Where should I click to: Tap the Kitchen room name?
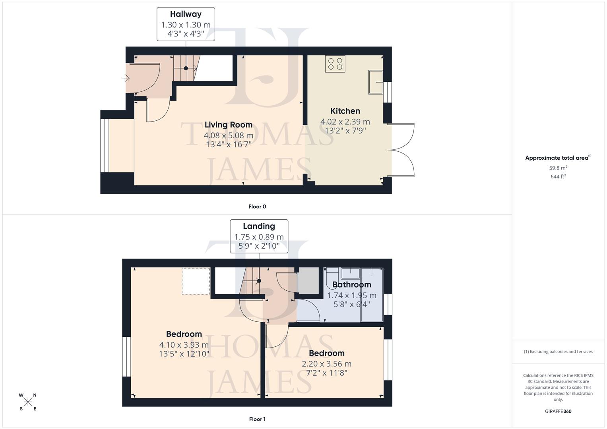(345, 111)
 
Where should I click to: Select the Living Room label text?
(228, 125)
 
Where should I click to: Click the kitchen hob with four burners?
(335, 64)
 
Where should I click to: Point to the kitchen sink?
(375, 82)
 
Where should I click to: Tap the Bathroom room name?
(351, 285)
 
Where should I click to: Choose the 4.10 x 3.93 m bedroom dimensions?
(184, 345)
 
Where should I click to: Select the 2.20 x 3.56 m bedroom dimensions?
(326, 363)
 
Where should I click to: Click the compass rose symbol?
(28, 402)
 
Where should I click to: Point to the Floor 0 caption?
(257, 207)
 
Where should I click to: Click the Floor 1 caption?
(257, 419)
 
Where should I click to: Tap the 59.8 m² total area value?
(558, 168)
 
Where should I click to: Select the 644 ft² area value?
(558, 177)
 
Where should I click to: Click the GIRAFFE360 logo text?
(558, 412)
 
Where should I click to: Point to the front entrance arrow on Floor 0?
(126, 78)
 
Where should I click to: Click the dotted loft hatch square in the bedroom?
(196, 281)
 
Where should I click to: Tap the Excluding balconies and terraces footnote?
(558, 352)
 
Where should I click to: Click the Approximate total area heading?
(557, 158)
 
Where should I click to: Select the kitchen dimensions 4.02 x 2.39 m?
(345, 122)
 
